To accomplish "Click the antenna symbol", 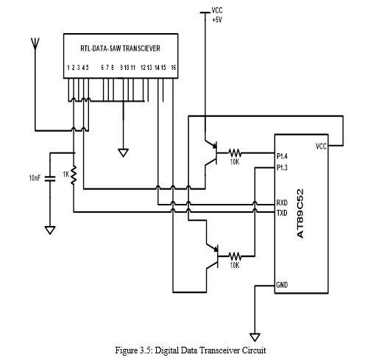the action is (x=35, y=43).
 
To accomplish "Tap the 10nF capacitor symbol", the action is (x=50, y=179).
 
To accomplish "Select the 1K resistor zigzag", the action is (x=74, y=175).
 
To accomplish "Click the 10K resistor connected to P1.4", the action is (x=235, y=153).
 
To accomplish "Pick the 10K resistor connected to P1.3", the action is (x=235, y=256).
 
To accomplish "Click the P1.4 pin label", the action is (x=282, y=156).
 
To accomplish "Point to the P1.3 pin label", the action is (x=282, y=168).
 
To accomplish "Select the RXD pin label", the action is (x=282, y=202).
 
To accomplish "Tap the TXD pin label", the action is (x=282, y=213).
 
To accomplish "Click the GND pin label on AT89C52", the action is (x=282, y=285).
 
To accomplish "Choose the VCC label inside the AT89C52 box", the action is (x=321, y=147).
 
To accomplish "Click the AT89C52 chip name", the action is (x=300, y=213).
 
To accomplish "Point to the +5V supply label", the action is (x=217, y=20).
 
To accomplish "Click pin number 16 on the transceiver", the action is (x=174, y=68).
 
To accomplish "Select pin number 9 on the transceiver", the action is (x=121, y=68).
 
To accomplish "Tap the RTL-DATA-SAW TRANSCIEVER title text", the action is (x=121, y=49).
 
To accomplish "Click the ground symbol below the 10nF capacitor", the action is (x=50, y=230).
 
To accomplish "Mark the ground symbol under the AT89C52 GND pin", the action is (x=255, y=337).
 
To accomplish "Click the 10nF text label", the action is (x=35, y=178).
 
